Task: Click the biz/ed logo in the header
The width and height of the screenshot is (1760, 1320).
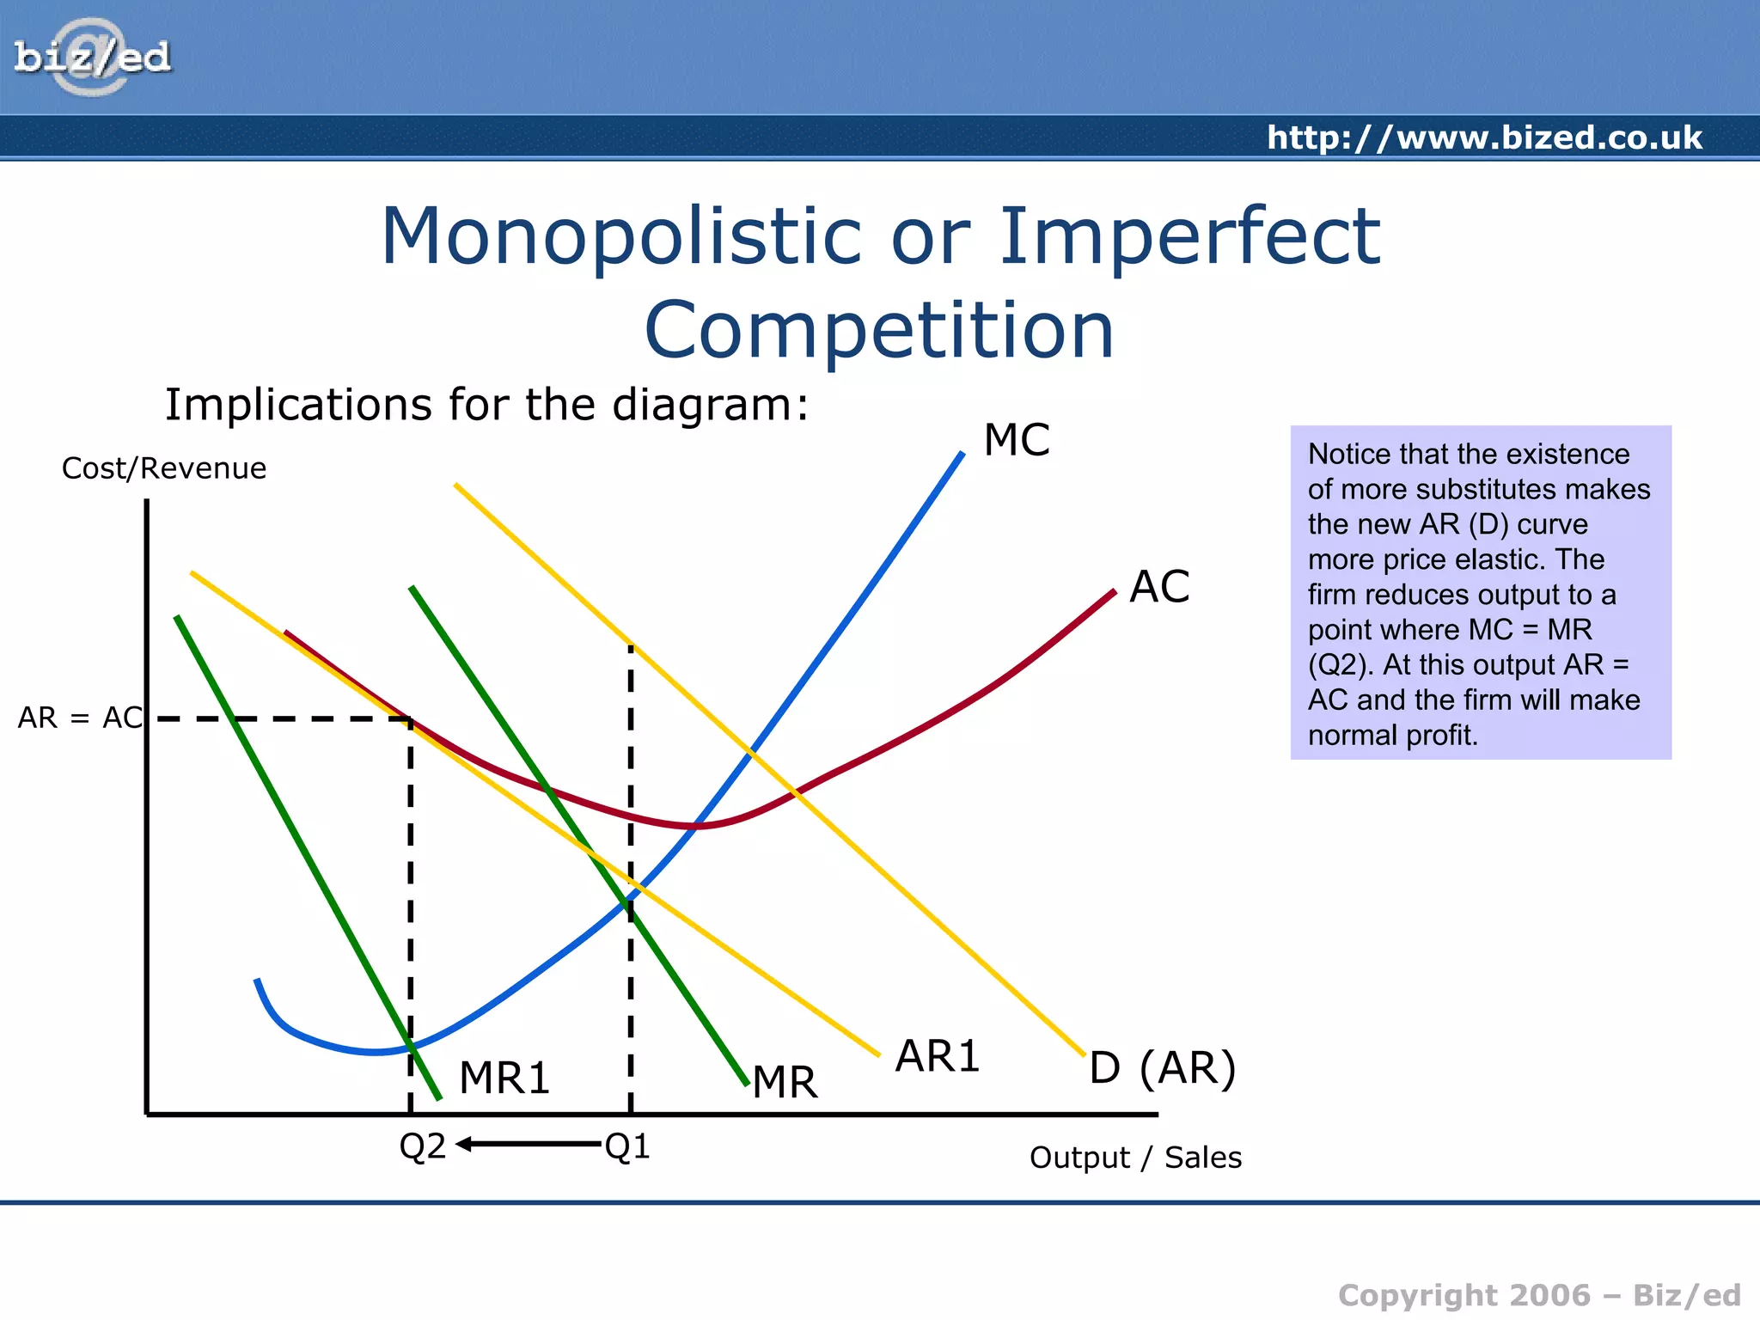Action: (92, 57)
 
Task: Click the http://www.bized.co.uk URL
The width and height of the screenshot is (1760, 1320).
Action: (1484, 137)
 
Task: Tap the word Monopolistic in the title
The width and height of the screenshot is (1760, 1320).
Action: (620, 236)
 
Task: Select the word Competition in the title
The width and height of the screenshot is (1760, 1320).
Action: (878, 331)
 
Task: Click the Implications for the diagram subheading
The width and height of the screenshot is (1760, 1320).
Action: (486, 404)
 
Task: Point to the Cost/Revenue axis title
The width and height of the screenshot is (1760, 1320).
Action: (163, 468)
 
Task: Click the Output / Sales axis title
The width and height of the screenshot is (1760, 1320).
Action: (1134, 1158)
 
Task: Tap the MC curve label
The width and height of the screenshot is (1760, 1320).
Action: (1016, 440)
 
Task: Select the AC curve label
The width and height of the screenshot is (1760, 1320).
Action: (1158, 587)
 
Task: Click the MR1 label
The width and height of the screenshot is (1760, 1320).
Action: (504, 1078)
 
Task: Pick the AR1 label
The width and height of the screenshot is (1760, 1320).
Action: (937, 1056)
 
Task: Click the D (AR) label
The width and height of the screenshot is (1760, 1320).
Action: (1162, 1068)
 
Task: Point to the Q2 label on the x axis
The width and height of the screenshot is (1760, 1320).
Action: (422, 1146)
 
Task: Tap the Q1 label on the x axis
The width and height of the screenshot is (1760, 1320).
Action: (627, 1146)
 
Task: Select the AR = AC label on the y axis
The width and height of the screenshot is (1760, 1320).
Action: (79, 718)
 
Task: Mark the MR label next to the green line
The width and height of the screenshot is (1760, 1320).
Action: (785, 1082)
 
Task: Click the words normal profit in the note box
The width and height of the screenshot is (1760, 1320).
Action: (1392, 736)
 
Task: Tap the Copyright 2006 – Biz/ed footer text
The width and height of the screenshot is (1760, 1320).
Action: (1538, 1295)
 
